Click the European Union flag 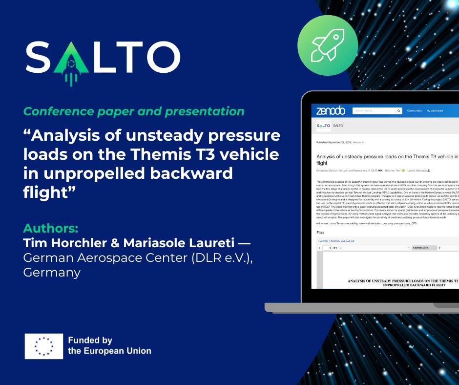(x=44, y=346)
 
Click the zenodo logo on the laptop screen (x=330, y=111)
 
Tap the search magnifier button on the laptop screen (x=399, y=111)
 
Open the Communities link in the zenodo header (x=414, y=111)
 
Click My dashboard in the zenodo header (x=435, y=111)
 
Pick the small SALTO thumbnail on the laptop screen (x=323, y=126)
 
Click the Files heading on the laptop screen (x=320, y=233)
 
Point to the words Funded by (x=90, y=340)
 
